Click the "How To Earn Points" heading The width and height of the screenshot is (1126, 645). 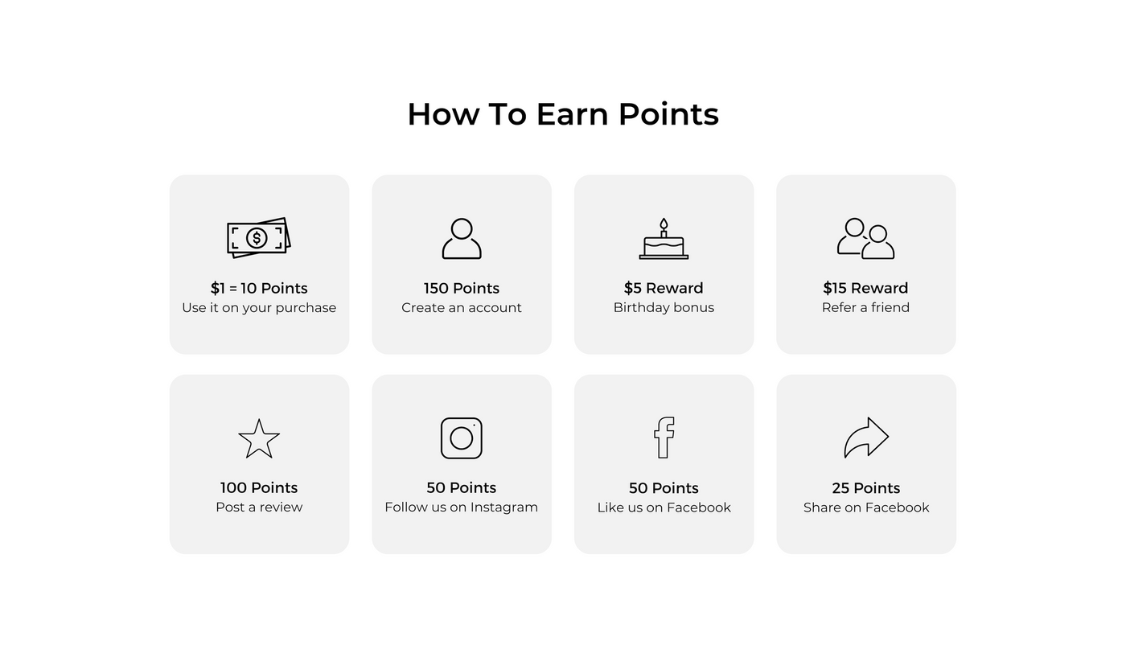(562, 114)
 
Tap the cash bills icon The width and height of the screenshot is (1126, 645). (258, 237)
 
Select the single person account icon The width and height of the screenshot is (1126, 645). (462, 239)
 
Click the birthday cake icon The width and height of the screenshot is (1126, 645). (664, 240)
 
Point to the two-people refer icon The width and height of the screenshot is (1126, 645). (865, 239)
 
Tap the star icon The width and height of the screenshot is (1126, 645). (259, 439)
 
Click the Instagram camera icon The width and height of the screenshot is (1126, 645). (462, 438)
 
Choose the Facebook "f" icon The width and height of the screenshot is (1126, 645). (664, 438)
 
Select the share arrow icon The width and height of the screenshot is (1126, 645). (866, 438)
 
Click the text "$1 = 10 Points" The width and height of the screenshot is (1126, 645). (259, 288)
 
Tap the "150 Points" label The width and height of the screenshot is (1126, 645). (462, 288)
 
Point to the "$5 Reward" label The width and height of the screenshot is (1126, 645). (664, 288)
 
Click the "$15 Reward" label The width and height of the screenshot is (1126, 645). (865, 288)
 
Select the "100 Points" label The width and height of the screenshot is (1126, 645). (259, 487)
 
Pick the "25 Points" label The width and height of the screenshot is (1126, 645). (866, 488)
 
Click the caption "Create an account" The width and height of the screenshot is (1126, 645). (462, 308)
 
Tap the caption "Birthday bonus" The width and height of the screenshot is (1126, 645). (664, 308)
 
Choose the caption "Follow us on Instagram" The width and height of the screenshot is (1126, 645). (462, 507)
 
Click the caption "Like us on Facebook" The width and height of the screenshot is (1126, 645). (664, 507)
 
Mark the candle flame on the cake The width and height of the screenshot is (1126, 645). (664, 224)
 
